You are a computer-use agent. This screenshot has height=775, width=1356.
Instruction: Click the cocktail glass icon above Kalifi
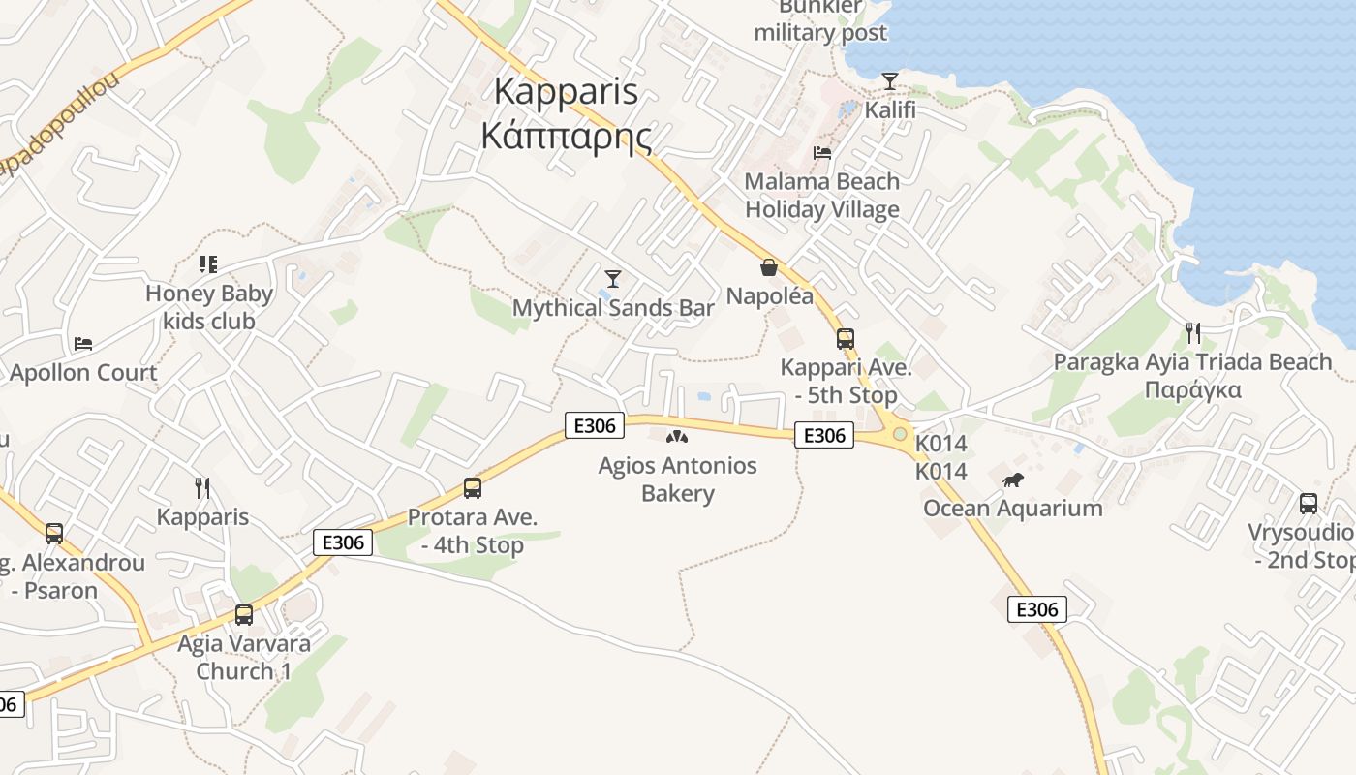890,80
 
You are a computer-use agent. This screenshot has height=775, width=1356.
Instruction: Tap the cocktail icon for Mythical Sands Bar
612,279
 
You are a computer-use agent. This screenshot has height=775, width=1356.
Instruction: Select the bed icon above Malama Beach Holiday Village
822,152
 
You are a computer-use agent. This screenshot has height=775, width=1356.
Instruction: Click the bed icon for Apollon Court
83,343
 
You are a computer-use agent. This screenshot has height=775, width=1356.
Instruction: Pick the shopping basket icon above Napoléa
769,267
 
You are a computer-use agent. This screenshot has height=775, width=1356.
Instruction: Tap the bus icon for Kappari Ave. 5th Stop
846,338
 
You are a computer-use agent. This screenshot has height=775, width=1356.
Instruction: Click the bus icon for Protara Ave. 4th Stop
473,488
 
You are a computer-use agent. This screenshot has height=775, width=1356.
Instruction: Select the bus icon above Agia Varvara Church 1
244,614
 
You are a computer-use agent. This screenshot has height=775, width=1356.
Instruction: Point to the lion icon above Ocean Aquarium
1013,480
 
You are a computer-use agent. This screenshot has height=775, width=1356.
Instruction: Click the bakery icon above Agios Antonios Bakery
677,437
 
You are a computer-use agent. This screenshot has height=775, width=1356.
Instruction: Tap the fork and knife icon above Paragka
1193,333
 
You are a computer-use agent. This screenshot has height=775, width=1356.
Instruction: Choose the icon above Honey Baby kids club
208,263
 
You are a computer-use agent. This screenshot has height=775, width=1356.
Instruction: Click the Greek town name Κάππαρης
567,136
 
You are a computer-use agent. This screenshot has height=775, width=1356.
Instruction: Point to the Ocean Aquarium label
1013,509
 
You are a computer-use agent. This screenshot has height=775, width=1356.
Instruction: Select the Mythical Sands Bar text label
613,308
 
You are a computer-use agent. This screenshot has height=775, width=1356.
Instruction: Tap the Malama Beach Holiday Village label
822,195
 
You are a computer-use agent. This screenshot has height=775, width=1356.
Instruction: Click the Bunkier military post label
820,21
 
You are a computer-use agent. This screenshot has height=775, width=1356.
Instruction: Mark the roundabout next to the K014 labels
900,434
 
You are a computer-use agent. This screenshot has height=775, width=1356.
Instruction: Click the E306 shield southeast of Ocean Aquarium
1037,609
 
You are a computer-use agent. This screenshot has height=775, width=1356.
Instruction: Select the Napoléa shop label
770,296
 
